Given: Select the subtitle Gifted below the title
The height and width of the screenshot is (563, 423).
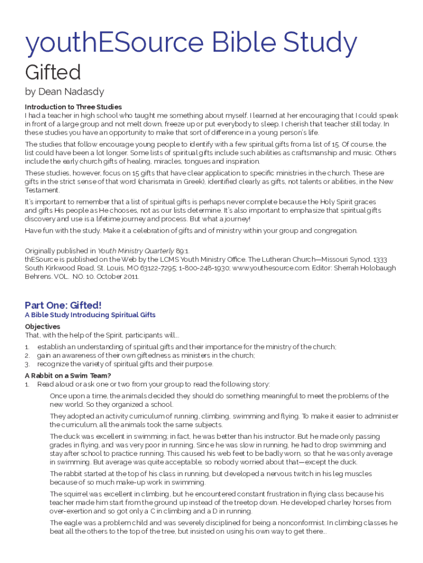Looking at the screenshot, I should (x=53, y=72).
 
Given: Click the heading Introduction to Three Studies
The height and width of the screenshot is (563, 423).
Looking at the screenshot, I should (x=73, y=107).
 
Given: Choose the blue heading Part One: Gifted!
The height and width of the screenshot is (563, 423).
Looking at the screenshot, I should (x=63, y=305).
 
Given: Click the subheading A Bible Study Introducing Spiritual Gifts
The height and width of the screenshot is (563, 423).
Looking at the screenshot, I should (x=90, y=315).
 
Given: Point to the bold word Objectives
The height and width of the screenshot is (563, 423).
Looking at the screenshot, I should (x=42, y=327).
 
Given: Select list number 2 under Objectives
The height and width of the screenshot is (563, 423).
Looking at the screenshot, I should (x=27, y=355).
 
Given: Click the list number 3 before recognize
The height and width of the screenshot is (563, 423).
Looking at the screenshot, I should (x=27, y=364).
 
